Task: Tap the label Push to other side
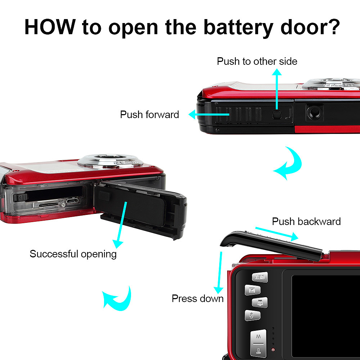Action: pyautogui.click(x=257, y=61)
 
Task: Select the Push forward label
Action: pyautogui.click(x=149, y=114)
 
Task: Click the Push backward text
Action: pyautogui.click(x=306, y=221)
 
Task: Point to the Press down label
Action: pyautogui.click(x=198, y=299)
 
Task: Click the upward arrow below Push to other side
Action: pyautogui.click(x=277, y=89)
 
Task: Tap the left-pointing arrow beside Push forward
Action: pyautogui.click(x=209, y=114)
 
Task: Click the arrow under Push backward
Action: pyautogui.click(x=277, y=234)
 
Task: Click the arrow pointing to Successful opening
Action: pyautogui.click(x=120, y=225)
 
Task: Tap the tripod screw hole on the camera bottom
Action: pyautogui.click(x=314, y=113)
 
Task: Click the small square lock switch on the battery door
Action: pyautogui.click(x=277, y=114)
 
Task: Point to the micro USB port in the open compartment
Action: pyautogui.click(x=72, y=201)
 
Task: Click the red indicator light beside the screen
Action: pyautogui.click(x=273, y=350)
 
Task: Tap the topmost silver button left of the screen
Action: pyautogui.click(x=260, y=277)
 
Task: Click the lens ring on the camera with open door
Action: pyautogui.click(x=110, y=161)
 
